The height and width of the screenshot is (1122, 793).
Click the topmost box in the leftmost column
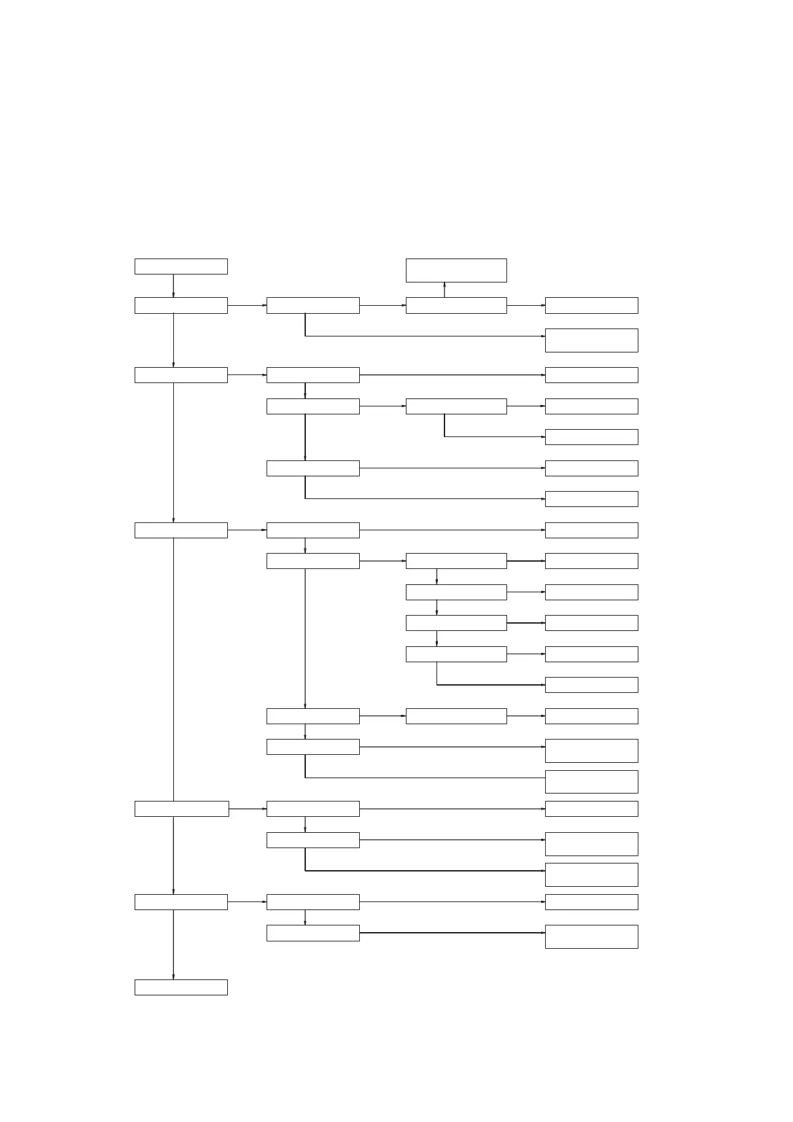tap(181, 267)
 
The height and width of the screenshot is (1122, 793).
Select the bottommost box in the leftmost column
tap(181, 987)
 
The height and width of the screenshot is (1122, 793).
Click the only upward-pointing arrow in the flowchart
tap(444, 290)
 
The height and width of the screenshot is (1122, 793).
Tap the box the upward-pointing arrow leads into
tap(456, 271)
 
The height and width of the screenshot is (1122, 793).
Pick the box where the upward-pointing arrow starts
tap(456, 305)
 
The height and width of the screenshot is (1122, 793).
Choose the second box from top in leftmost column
tap(181, 305)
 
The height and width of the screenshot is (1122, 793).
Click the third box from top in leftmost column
tap(181, 375)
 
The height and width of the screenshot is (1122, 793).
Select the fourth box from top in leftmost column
tap(181, 530)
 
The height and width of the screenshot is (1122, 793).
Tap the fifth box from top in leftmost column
tap(181, 809)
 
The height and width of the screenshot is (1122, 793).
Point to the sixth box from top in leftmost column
tap(181, 902)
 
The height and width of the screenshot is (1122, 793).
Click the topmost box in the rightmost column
tap(591, 305)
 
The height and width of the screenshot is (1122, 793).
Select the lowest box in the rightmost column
tap(591, 936)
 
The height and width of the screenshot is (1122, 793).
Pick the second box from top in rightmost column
tap(591, 340)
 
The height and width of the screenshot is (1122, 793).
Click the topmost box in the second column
tap(313, 305)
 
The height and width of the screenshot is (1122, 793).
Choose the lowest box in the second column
tap(313, 933)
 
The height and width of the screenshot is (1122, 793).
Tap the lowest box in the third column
tap(456, 716)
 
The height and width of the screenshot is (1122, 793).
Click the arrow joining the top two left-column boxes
tap(173, 286)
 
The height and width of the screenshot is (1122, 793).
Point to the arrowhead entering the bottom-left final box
tap(173, 976)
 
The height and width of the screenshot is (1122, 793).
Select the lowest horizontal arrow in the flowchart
tap(452, 933)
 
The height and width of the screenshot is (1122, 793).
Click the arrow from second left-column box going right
tap(247, 305)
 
